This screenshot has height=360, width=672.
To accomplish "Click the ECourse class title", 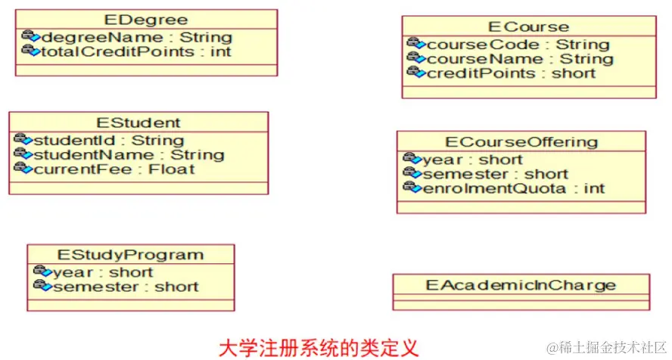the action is pos(529,27).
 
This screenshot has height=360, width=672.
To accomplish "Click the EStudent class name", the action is pos(138,123).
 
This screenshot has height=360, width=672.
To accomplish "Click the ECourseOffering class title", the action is pos(521,141).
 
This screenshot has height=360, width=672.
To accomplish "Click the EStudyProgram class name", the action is pos(131,255).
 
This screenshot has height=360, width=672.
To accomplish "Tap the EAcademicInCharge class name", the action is pos(521,285).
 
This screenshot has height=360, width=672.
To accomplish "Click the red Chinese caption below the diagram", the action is pos(318,348).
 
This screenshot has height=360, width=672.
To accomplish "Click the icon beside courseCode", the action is pos(415,44).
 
